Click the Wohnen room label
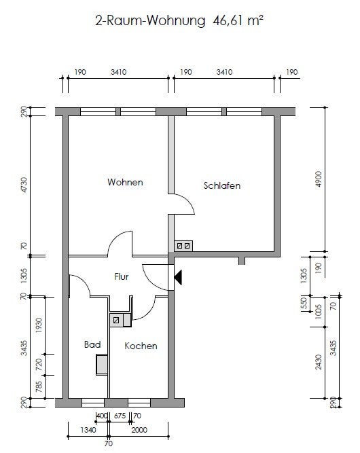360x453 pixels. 125,182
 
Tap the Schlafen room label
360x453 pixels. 222,185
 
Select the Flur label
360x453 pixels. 122,276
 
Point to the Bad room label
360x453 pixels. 92,344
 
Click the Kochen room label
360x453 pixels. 141,346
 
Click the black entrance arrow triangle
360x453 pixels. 178,277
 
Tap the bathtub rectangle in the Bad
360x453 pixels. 102,365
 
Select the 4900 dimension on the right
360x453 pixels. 318,179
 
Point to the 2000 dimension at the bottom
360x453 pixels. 139,430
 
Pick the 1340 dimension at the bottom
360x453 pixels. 88,430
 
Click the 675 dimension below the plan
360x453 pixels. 120,416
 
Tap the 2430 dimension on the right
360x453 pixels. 318,362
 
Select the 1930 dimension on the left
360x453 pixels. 39,325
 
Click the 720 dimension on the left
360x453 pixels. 39,365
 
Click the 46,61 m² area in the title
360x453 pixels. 238,21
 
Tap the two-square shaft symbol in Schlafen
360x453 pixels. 183,246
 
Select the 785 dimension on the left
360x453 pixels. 39,387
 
